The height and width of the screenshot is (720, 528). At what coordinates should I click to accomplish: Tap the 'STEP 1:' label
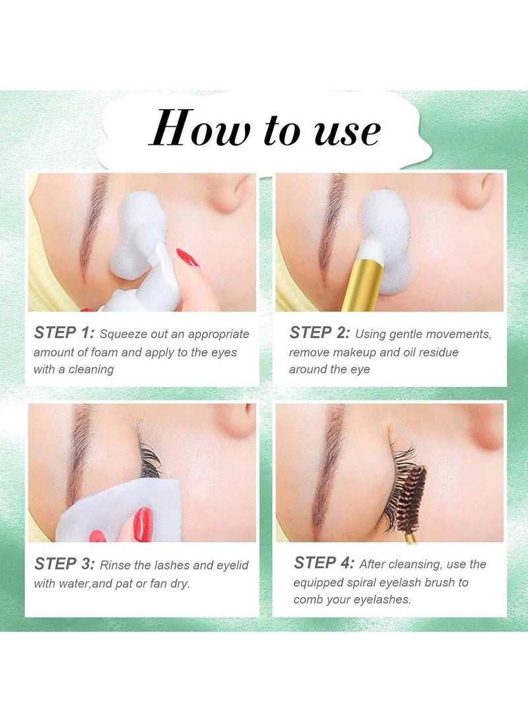(64, 333)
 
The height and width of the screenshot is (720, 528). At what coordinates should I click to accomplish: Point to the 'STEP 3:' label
(64, 564)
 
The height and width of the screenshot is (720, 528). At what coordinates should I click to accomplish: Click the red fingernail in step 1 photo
(187, 258)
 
